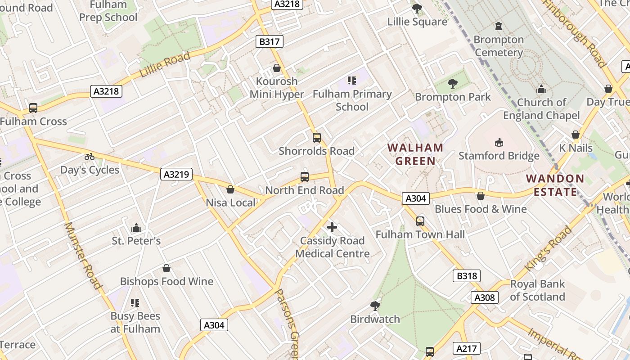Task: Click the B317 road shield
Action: click(x=270, y=42)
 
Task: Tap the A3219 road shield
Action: click(x=176, y=174)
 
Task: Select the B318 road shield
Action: click(x=467, y=276)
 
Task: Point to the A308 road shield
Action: click(x=485, y=297)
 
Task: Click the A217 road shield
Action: click(x=468, y=348)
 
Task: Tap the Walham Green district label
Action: click(x=415, y=154)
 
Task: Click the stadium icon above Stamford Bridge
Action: click(x=499, y=143)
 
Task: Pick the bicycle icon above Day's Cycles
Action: click(x=90, y=157)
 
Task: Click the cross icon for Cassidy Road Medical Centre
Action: click(x=332, y=227)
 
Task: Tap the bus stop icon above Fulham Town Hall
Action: click(x=420, y=221)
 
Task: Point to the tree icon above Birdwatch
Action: click(x=375, y=306)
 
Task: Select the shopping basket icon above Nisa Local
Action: click(x=230, y=189)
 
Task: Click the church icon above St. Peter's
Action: click(x=136, y=228)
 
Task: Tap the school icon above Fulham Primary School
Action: click(x=352, y=81)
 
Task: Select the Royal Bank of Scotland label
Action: click(x=537, y=291)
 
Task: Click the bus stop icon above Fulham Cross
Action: click(x=33, y=108)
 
